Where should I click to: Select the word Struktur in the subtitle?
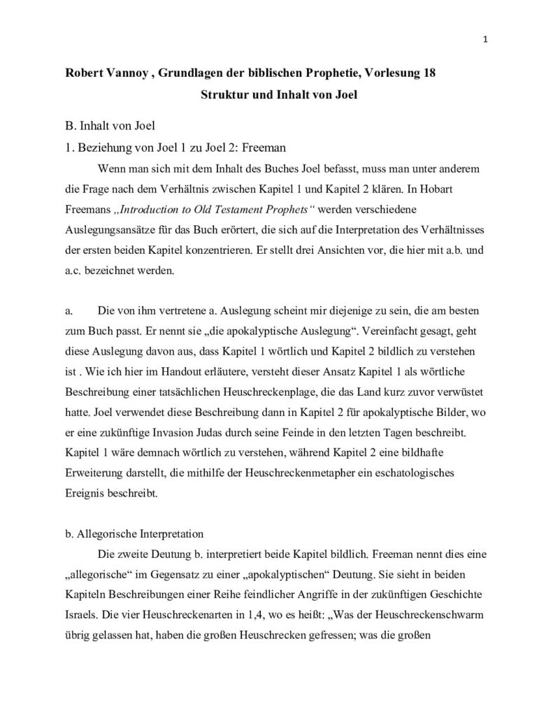click(214, 95)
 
